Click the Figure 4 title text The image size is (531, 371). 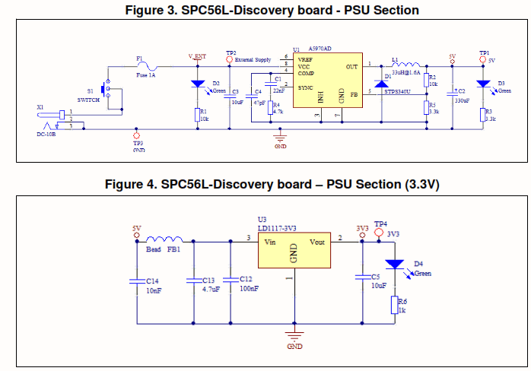click(265, 185)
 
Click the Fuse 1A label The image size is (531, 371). click(147, 75)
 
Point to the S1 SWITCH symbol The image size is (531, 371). click(107, 92)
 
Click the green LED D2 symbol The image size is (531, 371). click(198, 83)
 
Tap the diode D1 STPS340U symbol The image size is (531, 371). click(379, 82)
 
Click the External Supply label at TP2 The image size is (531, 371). click(253, 59)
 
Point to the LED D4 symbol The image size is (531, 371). click(394, 265)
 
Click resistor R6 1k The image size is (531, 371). click(394, 304)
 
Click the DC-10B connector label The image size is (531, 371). click(46, 134)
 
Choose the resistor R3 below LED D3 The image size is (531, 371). click(483, 114)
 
